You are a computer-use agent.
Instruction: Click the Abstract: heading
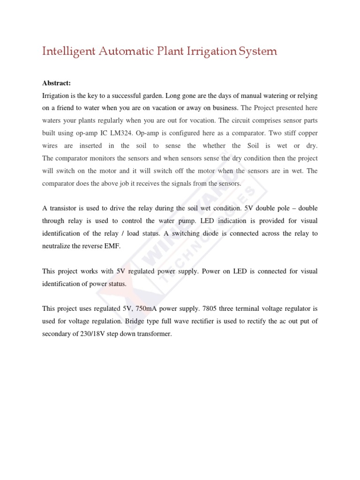pyautogui.click(x=56, y=83)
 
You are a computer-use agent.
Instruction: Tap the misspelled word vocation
pyautogui.click(x=203, y=120)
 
